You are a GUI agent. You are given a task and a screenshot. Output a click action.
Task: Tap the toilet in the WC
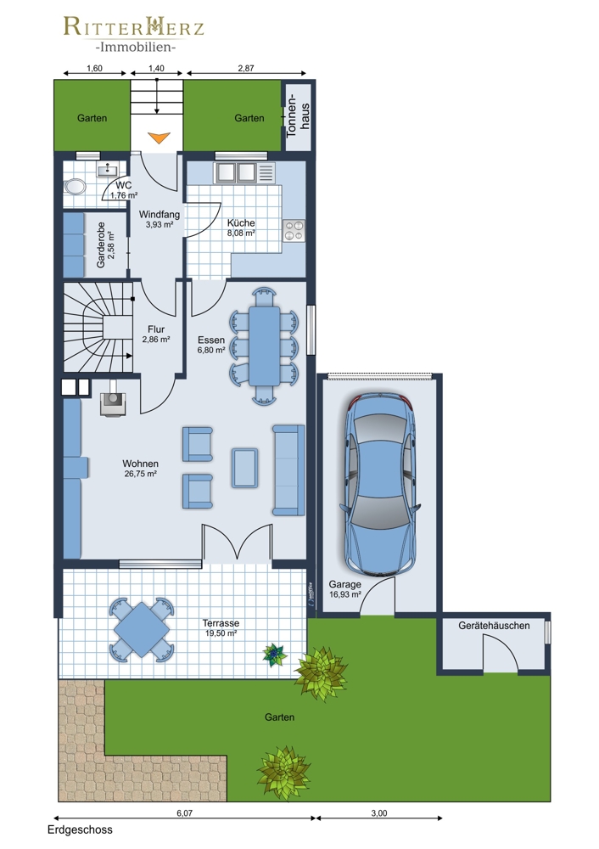[x=74, y=187]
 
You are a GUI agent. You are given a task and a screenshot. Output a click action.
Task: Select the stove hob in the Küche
[x=294, y=231]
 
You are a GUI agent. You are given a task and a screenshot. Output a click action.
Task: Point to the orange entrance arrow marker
[x=160, y=138]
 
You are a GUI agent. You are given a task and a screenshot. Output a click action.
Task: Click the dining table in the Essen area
[x=264, y=346]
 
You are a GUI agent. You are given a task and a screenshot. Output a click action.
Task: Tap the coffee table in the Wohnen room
[x=245, y=468]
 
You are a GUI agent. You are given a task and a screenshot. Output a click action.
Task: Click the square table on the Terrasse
[x=141, y=630]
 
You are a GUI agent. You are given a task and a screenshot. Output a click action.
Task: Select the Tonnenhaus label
[x=298, y=115]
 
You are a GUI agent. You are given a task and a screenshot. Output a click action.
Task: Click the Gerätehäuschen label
[x=494, y=626]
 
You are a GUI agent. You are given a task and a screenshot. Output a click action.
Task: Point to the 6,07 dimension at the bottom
[x=184, y=812]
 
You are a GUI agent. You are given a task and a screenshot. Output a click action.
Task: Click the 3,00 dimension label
[x=379, y=812]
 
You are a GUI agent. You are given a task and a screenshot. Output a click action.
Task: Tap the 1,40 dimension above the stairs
[x=156, y=68]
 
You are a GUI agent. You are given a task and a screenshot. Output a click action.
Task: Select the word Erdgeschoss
[x=80, y=829]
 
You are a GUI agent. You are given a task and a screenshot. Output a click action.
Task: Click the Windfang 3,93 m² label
[x=160, y=219]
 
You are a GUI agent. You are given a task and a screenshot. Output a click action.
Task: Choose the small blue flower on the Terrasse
[x=275, y=654]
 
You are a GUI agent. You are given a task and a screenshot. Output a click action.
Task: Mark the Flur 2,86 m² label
[x=156, y=334]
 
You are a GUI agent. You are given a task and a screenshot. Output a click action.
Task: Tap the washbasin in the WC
[x=107, y=170]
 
